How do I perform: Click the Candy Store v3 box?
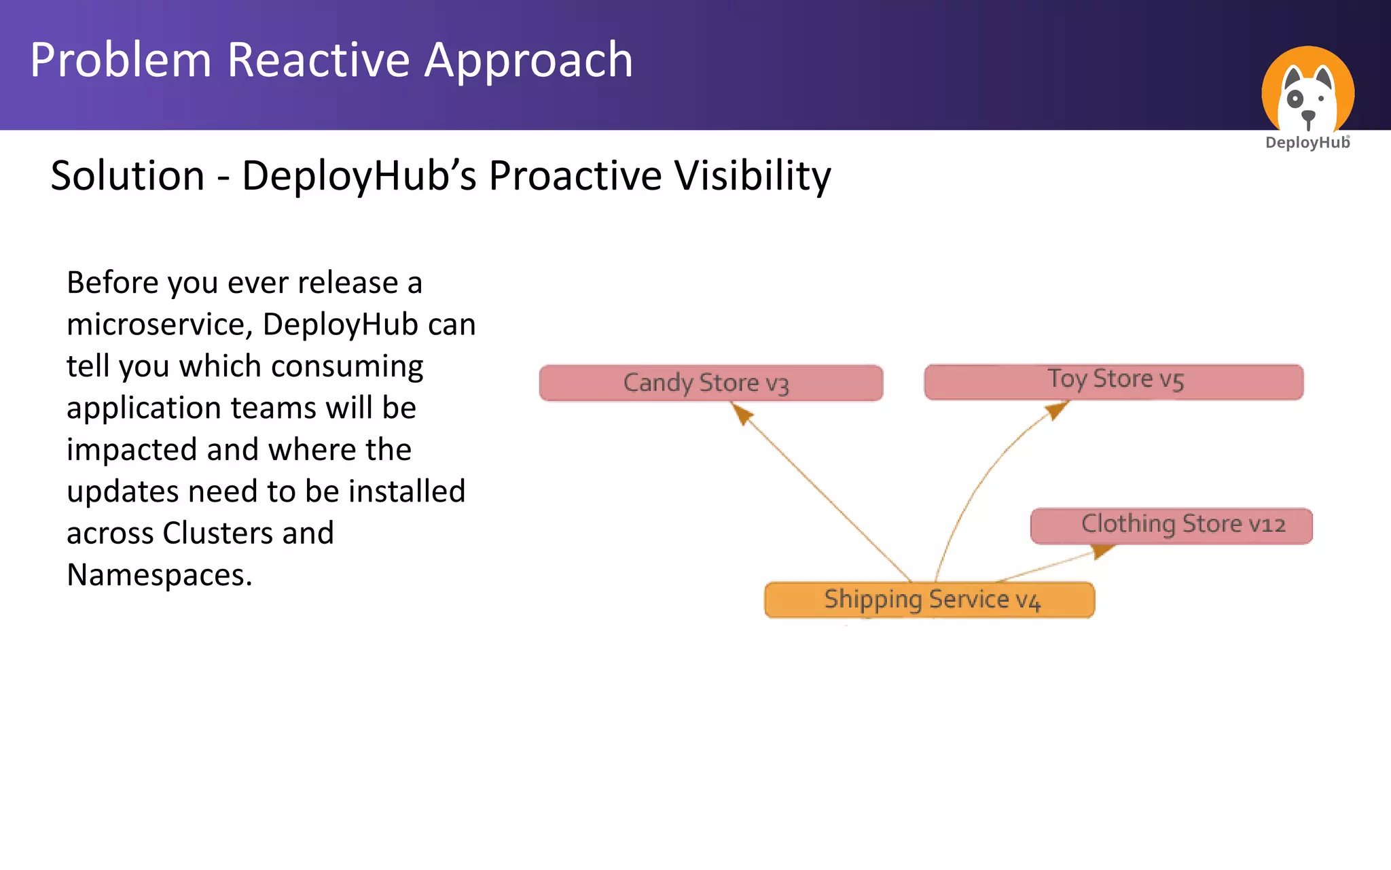[710, 383]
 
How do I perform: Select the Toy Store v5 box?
[1114, 382]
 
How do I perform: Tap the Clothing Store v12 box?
[1171, 525]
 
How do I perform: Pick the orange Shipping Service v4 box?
[929, 599]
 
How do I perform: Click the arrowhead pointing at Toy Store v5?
[1056, 410]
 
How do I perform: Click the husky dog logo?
[1307, 91]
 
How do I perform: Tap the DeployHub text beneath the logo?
[1307, 143]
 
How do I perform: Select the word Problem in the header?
[121, 60]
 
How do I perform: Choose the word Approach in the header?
[528, 60]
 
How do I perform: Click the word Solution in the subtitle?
[128, 175]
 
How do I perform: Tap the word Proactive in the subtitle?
[575, 175]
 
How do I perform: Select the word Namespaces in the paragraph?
[159, 575]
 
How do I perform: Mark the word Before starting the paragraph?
[112, 283]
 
